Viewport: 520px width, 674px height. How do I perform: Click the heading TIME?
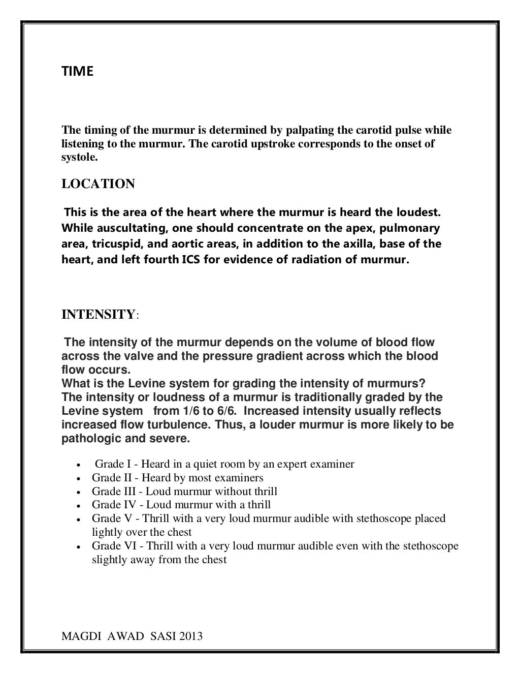77,72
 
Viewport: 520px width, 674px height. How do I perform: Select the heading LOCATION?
98,184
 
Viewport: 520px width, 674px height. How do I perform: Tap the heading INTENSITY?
97,315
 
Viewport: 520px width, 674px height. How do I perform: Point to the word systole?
77,157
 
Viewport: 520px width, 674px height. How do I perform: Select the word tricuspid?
112,243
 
